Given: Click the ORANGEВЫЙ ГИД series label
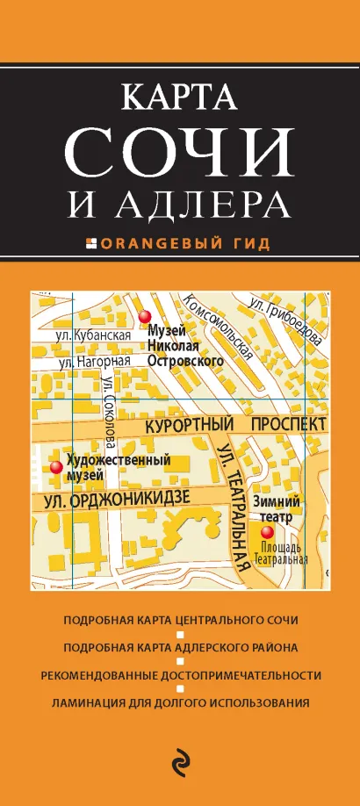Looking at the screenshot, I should point(185,241).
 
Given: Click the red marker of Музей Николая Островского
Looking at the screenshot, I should point(147,317).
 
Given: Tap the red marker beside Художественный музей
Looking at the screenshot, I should point(55,467).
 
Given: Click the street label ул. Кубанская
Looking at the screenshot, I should point(93,335).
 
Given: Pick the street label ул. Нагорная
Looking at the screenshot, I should point(93,361).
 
